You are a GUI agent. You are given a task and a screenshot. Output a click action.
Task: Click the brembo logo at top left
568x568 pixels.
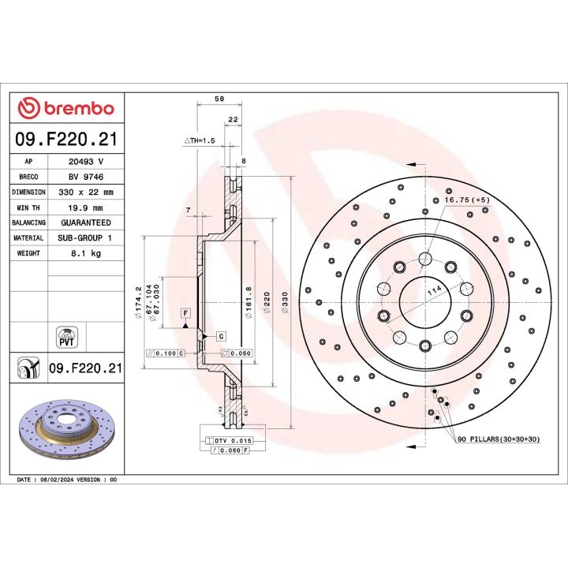[65, 108]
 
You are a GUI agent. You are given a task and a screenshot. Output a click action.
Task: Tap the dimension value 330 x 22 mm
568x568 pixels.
[86, 192]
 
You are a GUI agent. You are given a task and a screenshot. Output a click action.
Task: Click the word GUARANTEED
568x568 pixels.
[86, 223]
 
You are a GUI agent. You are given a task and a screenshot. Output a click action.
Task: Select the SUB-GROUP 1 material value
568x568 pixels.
[86, 238]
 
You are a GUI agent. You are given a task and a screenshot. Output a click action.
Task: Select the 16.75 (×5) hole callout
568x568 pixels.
[465, 200]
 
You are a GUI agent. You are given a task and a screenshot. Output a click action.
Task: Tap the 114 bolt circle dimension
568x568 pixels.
[432, 292]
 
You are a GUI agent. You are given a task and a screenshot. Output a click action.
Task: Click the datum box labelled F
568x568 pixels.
[185, 313]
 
